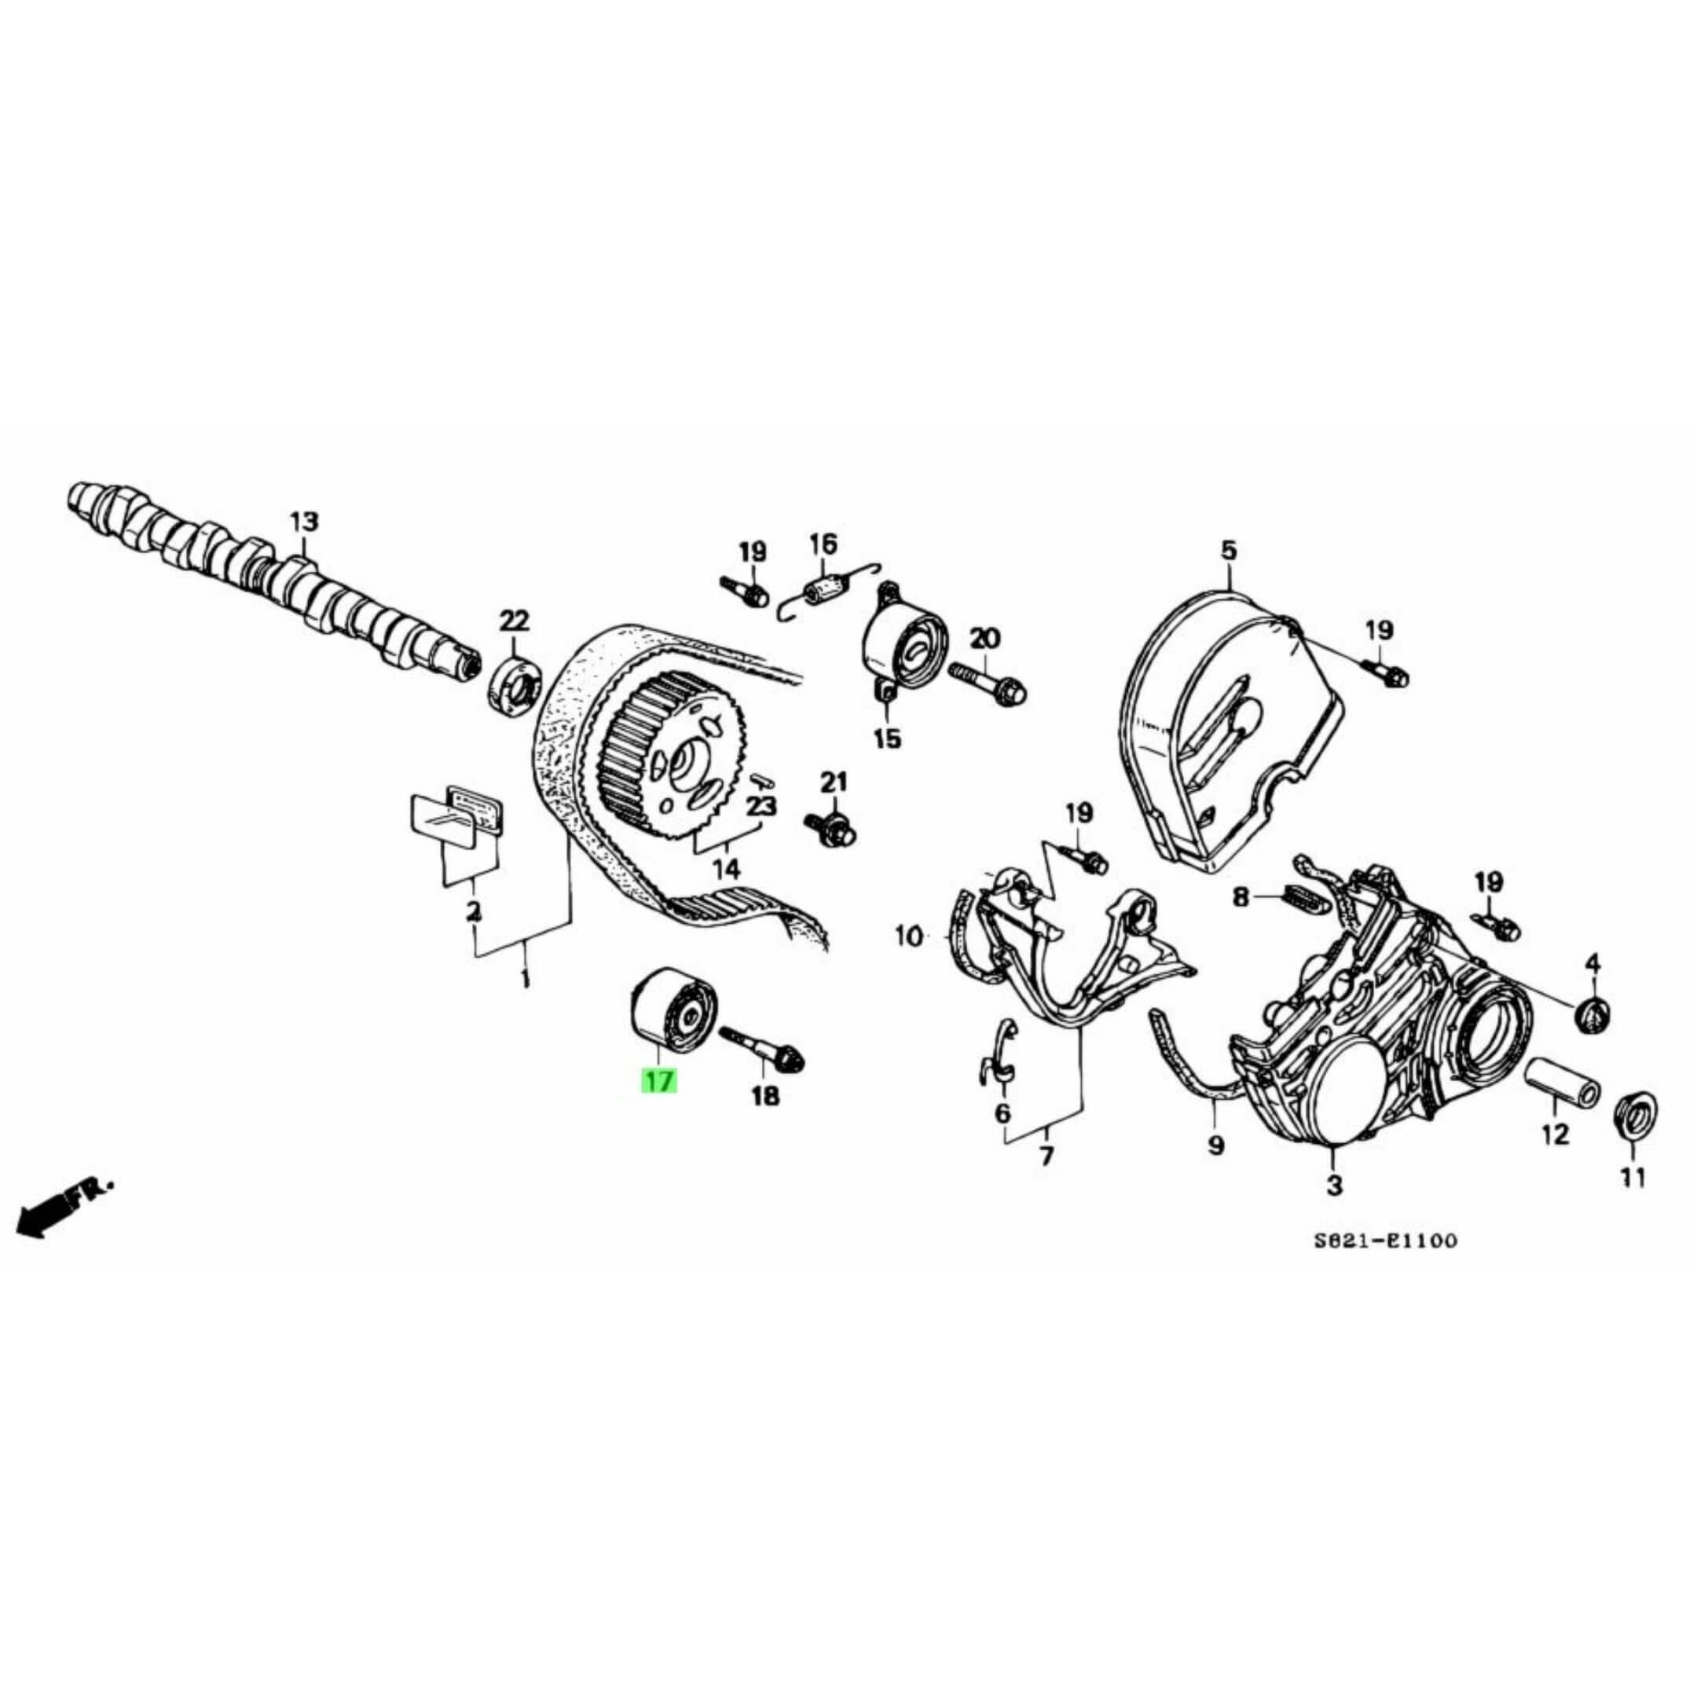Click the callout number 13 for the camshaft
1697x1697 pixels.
(x=304, y=522)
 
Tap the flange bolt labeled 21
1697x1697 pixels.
(x=831, y=826)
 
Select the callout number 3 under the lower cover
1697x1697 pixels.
(x=1334, y=1185)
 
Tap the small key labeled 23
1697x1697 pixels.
(x=761, y=776)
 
